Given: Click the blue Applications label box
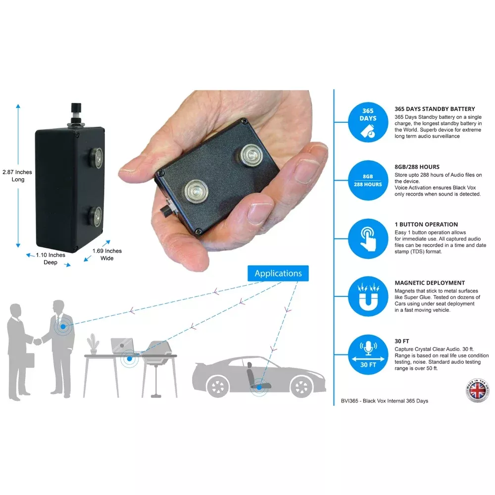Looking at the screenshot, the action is tap(278, 273).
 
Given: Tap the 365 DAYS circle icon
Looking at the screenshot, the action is tap(368, 122).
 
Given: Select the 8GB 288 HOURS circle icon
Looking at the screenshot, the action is tap(368, 180).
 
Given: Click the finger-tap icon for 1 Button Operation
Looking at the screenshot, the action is tap(368, 239).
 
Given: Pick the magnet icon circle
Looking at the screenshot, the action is tap(368, 297).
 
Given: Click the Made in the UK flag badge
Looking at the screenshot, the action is tap(478, 391).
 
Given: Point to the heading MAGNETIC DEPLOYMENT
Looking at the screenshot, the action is tap(430, 283).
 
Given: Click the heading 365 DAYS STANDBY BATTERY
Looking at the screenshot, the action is tap(435, 109).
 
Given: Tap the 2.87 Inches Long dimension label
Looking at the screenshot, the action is tap(17, 176).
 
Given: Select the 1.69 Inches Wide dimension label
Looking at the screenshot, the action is tap(107, 254).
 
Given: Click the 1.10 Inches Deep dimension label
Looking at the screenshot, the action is tap(50, 258).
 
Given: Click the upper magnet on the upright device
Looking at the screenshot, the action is tap(95, 158).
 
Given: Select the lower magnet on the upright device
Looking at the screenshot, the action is tap(95, 217).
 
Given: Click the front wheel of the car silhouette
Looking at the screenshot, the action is tap(301, 387).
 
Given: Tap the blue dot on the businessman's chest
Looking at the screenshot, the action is tap(63, 327).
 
